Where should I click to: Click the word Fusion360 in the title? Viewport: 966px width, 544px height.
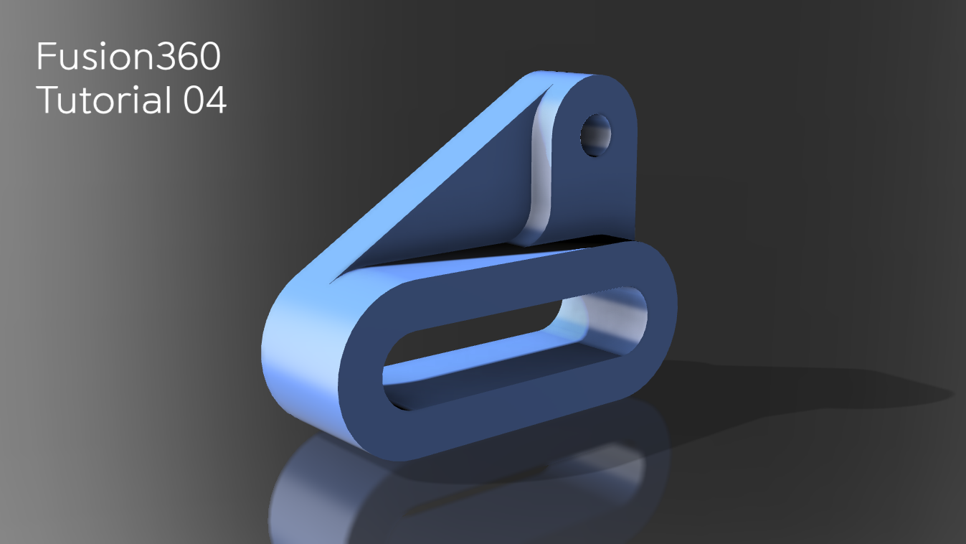click(x=128, y=57)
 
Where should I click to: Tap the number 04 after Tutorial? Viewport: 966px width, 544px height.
click(x=205, y=100)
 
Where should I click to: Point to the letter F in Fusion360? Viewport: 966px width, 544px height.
click(x=45, y=57)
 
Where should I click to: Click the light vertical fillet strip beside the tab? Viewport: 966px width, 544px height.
click(x=540, y=172)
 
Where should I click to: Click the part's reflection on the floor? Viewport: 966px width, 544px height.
click(x=402, y=495)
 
